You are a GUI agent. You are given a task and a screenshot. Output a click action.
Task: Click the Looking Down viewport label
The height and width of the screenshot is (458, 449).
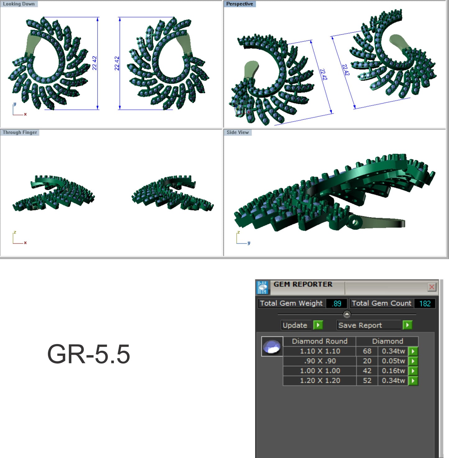pyautogui.click(x=19, y=4)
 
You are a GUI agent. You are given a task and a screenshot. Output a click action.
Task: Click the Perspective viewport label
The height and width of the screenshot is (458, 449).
pyautogui.click(x=239, y=4)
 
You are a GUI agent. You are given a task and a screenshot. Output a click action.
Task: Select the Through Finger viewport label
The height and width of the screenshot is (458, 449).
pyautogui.click(x=20, y=133)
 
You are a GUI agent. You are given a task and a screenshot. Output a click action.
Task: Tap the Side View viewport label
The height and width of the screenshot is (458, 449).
pyautogui.click(x=237, y=133)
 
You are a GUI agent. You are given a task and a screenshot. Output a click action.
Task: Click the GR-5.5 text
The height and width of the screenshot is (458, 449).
pyautogui.click(x=89, y=354)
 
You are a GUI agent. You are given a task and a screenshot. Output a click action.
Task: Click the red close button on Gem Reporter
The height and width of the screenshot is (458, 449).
pyautogui.click(x=432, y=287)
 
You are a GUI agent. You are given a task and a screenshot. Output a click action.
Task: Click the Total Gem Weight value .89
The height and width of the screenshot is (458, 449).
pyautogui.click(x=336, y=303)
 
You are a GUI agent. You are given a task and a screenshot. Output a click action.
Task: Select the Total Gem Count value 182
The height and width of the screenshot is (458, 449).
pyautogui.click(x=425, y=303)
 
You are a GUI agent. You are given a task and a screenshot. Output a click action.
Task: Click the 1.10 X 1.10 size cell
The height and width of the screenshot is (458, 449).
pyautogui.click(x=320, y=351)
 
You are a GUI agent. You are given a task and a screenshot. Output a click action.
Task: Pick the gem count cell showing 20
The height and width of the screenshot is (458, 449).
pyautogui.click(x=367, y=361)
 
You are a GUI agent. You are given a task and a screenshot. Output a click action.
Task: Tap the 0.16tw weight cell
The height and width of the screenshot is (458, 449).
pyautogui.click(x=393, y=371)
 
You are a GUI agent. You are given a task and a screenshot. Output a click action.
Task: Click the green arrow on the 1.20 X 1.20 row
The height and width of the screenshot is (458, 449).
pyautogui.click(x=413, y=381)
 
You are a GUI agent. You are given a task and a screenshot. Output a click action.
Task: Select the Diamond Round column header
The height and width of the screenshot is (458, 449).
pyautogui.click(x=319, y=341)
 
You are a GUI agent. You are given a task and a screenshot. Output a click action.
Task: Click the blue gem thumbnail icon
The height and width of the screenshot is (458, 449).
pyautogui.click(x=272, y=346)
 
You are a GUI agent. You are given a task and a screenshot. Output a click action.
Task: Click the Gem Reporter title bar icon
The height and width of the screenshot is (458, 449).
pyautogui.click(x=263, y=287)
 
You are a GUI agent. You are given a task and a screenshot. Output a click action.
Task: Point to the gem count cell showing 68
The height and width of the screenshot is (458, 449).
pyautogui.click(x=367, y=351)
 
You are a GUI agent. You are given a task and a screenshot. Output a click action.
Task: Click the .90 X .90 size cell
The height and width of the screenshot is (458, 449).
pyautogui.click(x=320, y=361)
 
